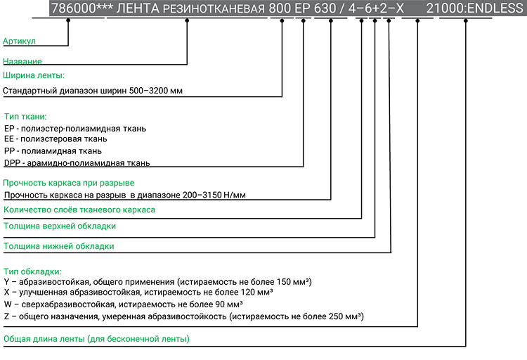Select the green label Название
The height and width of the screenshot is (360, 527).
coord(22,62)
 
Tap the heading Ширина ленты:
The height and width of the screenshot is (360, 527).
coord(34,75)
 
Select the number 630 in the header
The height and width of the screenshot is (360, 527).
coord(326,8)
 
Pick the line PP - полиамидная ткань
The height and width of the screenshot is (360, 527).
coord(53,151)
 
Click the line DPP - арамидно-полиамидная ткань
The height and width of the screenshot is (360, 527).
coord(77,163)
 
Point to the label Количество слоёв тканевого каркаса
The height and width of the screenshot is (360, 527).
coord(79,210)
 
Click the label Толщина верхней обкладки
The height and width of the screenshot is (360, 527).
coord(60,226)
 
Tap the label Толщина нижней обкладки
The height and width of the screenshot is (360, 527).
coord(58,246)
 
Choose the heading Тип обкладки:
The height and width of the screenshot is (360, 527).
coord(33,271)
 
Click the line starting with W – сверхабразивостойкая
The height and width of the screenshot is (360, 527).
coord(123,304)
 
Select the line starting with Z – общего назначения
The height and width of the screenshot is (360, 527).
coord(183,316)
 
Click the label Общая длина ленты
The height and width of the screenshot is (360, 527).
coord(96,339)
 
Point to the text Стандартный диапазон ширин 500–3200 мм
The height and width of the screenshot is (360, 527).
coord(93,91)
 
